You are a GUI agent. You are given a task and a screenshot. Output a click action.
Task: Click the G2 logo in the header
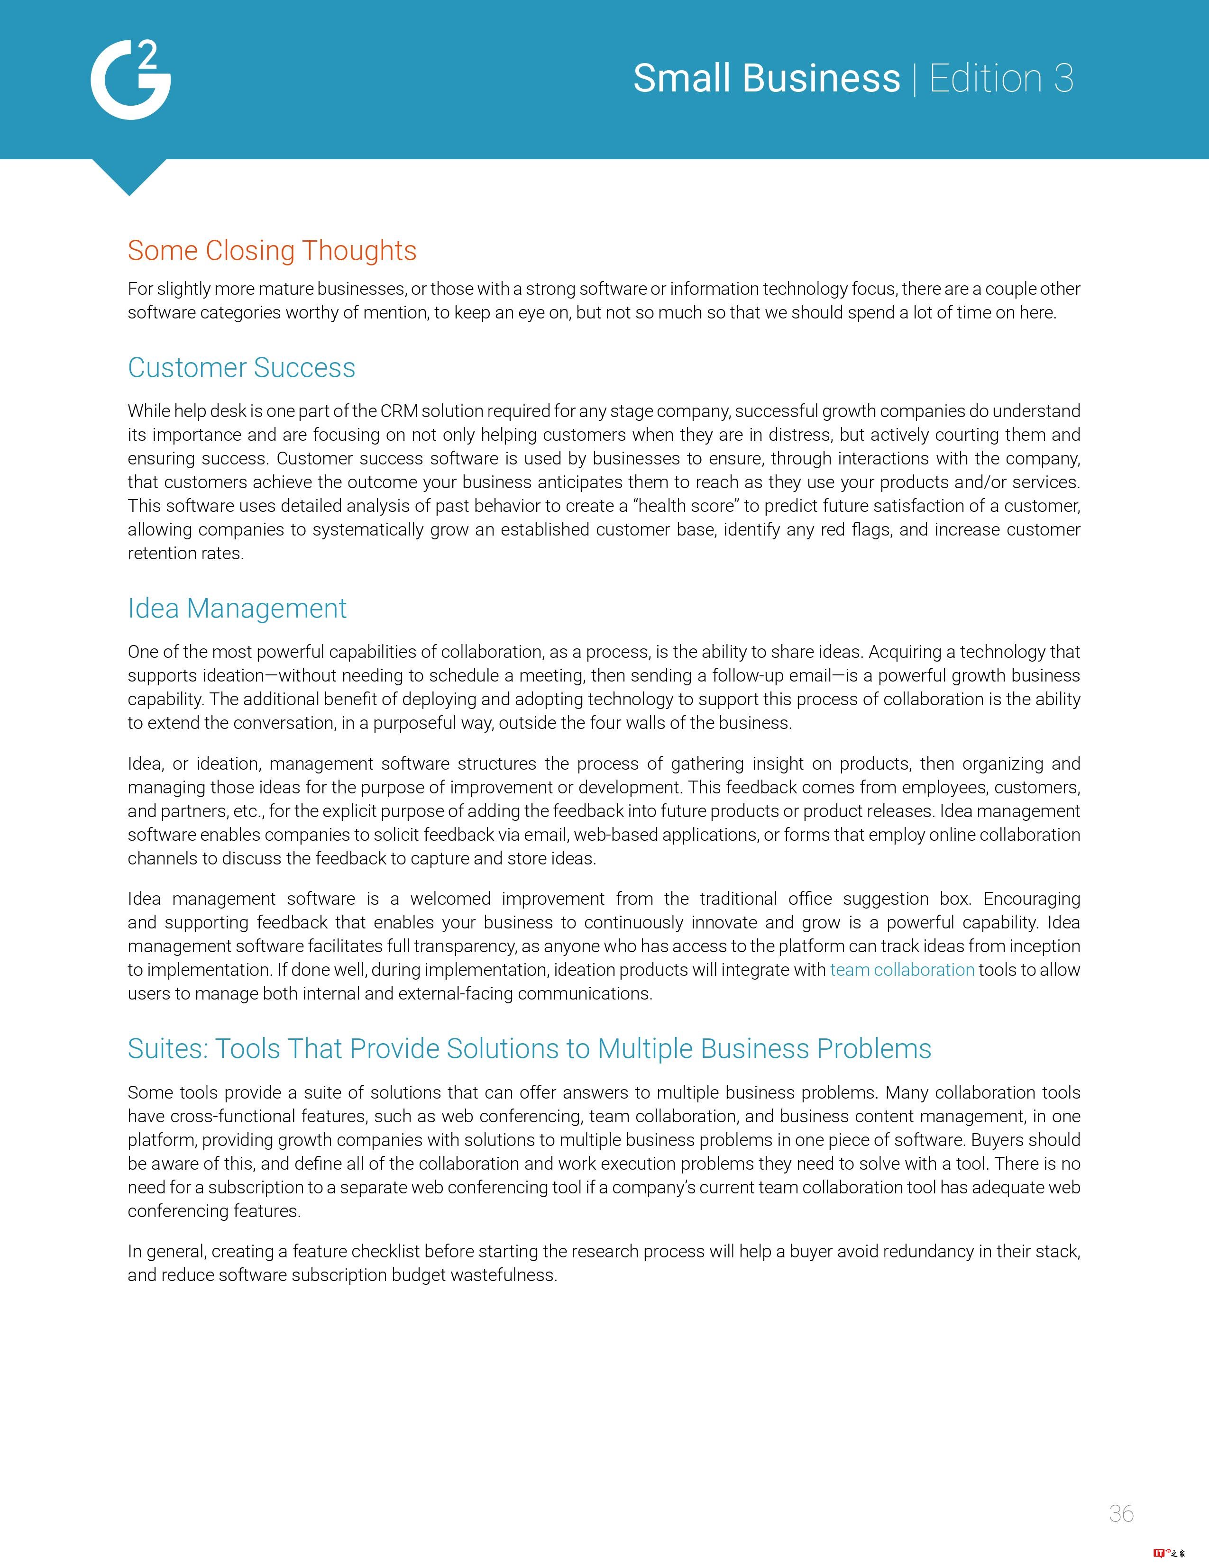tap(130, 80)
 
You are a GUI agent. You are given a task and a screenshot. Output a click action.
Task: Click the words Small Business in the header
tap(766, 78)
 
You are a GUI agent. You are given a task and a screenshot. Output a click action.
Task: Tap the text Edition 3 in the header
tap(1001, 78)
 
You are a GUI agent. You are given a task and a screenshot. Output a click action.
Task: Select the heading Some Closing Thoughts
tap(272, 251)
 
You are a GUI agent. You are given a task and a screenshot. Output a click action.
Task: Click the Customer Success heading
tap(241, 367)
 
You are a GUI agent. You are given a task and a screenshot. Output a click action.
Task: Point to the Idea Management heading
tap(237, 608)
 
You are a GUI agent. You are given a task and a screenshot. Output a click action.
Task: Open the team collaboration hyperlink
tap(902, 970)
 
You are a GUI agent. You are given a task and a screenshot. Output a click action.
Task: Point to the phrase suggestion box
tap(907, 899)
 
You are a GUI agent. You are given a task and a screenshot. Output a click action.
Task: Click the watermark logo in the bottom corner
tap(1169, 1553)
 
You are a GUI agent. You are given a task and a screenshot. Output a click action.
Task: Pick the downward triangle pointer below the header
tap(129, 175)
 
